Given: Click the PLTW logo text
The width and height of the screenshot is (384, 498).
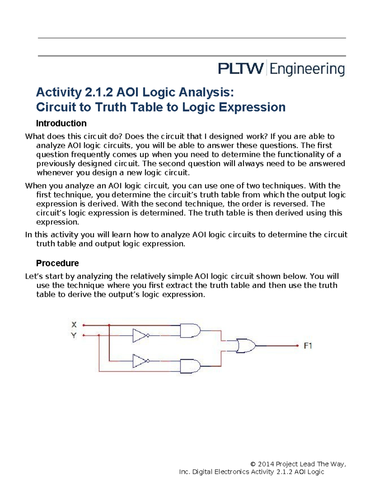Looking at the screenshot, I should coord(241,69).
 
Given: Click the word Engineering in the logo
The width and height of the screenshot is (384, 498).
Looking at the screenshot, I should coord(307,69).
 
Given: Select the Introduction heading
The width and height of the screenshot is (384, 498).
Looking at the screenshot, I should coord(61,123).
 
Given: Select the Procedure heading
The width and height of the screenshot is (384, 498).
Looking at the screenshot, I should coord(57,263).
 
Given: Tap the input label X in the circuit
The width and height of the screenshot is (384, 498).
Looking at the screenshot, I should coord(74,325).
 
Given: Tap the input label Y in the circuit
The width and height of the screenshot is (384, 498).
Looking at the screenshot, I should coord(74,335).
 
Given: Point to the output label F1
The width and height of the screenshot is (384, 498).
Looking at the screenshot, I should coord(308,346).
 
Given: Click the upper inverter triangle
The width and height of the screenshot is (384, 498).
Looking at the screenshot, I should coord(139,335).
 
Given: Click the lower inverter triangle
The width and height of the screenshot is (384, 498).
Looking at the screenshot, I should coord(139,361).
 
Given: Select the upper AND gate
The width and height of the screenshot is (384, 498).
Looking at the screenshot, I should coord(190,331).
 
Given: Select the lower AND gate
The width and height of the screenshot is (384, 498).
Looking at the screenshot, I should coord(190,366).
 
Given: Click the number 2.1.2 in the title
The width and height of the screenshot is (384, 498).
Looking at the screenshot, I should coord(99,92).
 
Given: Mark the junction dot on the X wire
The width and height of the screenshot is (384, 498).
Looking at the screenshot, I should coord(109,325).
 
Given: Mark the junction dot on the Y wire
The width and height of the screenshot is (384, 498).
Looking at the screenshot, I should coord(99,335).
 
